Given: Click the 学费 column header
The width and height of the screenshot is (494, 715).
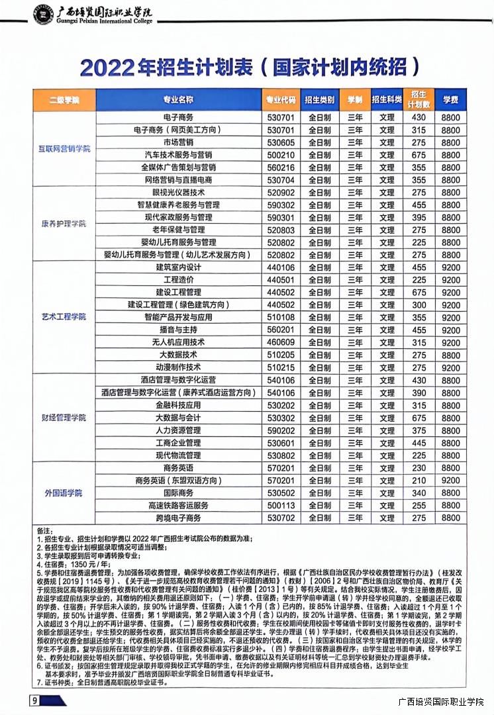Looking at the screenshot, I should pyautogui.click(x=450, y=100).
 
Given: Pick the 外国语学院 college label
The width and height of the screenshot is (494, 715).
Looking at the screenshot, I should pyautogui.click(x=64, y=493).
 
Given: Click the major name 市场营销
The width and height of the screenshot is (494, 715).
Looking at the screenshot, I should pyautogui.click(x=178, y=142).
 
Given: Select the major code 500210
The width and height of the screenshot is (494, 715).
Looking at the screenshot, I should pyautogui.click(x=280, y=155).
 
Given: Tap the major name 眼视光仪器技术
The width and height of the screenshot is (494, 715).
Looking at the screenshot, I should pyautogui.click(x=178, y=192).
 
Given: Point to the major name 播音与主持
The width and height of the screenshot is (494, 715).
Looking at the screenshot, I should pyautogui.click(x=178, y=329).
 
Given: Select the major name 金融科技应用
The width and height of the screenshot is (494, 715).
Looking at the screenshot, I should pyautogui.click(x=178, y=405).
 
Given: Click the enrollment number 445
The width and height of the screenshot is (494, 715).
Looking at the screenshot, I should pyautogui.click(x=419, y=443).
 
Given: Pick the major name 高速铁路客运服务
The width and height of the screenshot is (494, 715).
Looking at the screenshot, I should pyautogui.click(x=178, y=505).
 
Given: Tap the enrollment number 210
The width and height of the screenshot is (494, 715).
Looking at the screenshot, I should pyautogui.click(x=419, y=480).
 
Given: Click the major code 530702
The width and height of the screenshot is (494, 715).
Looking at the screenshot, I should pyautogui.click(x=280, y=518).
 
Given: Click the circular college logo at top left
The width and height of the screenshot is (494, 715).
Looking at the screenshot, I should pyautogui.click(x=44, y=13).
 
